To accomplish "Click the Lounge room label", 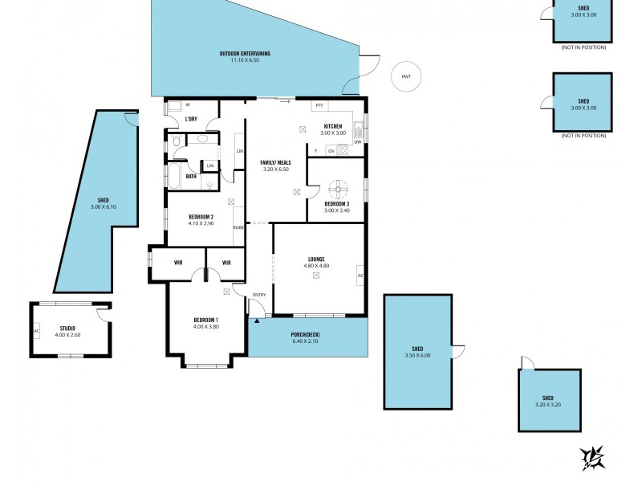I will (x=315, y=262).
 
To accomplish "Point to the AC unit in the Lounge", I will (x=360, y=276).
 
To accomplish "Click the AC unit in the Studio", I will (x=36, y=330).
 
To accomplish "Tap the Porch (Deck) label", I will (x=305, y=339).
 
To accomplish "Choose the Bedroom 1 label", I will (x=205, y=323).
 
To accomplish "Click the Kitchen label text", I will (x=333, y=129).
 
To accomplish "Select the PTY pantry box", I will (x=319, y=105).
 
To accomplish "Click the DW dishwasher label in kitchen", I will (x=358, y=142).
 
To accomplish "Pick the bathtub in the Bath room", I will (x=174, y=175).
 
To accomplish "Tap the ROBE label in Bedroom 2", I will (x=238, y=227).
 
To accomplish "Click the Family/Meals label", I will (x=275, y=165).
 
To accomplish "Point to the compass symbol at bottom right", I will (x=592, y=457).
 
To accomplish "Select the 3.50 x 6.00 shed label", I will (x=417, y=352).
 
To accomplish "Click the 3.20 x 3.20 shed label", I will (x=547, y=402).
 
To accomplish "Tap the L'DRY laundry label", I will (x=191, y=120).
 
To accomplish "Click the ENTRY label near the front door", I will (x=258, y=296).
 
